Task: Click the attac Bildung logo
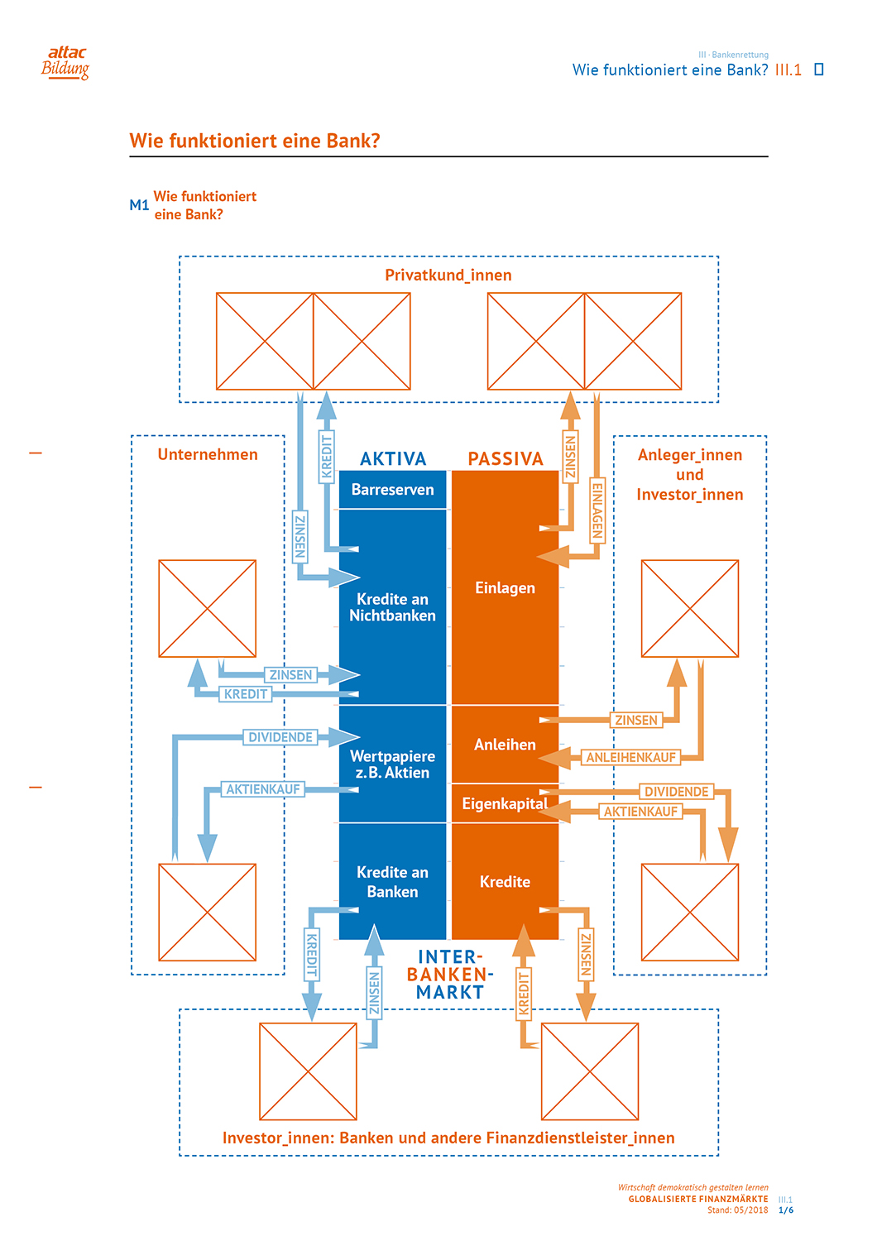pyautogui.click(x=65, y=62)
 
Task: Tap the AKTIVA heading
pyautogui.click(x=393, y=459)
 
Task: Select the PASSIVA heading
pyautogui.click(x=506, y=459)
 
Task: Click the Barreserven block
pyautogui.click(x=393, y=490)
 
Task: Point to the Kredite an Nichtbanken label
pyautogui.click(x=393, y=607)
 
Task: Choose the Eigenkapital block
pyautogui.click(x=505, y=803)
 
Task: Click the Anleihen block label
pyautogui.click(x=505, y=745)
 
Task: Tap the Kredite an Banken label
pyautogui.click(x=393, y=882)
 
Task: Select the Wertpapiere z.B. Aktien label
pyautogui.click(x=393, y=764)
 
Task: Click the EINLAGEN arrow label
pyautogui.click(x=597, y=510)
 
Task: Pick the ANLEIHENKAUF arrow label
pyautogui.click(x=631, y=757)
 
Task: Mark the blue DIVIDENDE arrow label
pyautogui.click(x=280, y=737)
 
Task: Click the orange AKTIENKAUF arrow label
pyautogui.click(x=640, y=812)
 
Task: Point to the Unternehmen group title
pyautogui.click(x=208, y=454)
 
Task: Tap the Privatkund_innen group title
pyautogui.click(x=448, y=275)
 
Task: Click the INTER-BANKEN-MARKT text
pyautogui.click(x=449, y=975)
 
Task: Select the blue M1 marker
pyautogui.click(x=139, y=205)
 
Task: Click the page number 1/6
pyautogui.click(x=786, y=1210)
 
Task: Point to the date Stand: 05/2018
pyautogui.click(x=737, y=1210)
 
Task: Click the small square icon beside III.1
pyautogui.click(x=819, y=69)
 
